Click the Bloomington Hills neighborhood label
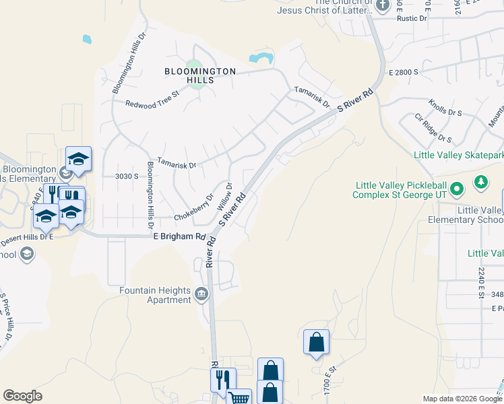pos(200,75)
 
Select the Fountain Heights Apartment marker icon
pos(201,294)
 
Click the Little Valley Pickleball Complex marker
pos(456,189)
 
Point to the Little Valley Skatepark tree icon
pos(480,181)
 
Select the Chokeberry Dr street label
pos(194,208)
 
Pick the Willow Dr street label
pos(224,195)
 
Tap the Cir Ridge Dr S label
pos(433,128)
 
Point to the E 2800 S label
pos(404,71)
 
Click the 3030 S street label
pos(127,176)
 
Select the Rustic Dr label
pos(413,19)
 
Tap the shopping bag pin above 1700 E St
pos(316,343)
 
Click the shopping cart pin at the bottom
pos(239,397)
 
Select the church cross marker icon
pos(383,6)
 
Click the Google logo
pos(22,396)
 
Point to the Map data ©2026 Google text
pos(462,399)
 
